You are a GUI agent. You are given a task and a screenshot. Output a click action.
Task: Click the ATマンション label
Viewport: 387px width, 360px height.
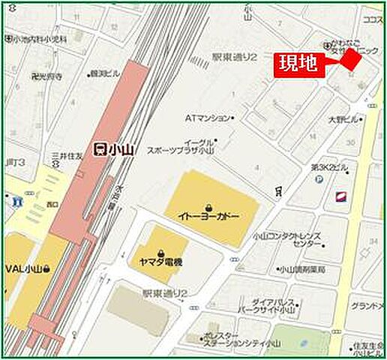click(208, 118)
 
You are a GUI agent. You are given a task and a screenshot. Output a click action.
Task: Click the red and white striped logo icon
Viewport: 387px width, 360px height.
click(341, 196)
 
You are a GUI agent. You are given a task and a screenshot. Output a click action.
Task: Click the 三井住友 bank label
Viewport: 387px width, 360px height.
click(66, 155)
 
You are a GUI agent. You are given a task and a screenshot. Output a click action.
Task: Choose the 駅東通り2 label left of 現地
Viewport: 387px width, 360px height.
click(234, 56)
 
